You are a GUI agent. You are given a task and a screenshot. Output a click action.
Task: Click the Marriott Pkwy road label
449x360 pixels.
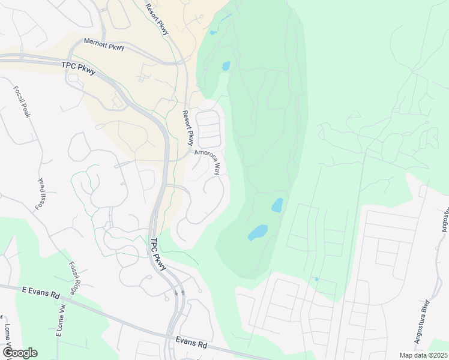tap(104, 44)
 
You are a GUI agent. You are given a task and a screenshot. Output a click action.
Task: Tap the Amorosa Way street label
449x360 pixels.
tap(211, 162)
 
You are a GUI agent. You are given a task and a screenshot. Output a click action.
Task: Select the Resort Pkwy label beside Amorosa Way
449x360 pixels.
tap(187, 128)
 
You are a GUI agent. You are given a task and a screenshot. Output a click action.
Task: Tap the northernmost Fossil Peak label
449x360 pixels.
tap(21, 101)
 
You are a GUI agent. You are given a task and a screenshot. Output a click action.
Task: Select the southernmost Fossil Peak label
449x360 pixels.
tap(41, 194)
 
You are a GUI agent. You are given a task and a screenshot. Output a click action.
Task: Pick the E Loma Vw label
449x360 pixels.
tap(60, 322)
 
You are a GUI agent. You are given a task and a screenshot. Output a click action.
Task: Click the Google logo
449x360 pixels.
tap(20, 352)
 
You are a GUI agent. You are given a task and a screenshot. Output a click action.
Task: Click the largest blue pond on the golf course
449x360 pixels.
tap(258, 232)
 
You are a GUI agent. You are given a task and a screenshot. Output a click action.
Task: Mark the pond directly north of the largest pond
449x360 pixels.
tap(277, 205)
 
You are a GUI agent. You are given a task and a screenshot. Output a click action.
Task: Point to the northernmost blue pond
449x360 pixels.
tap(212, 32)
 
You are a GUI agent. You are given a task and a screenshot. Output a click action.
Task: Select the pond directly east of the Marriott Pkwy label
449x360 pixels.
tap(226, 66)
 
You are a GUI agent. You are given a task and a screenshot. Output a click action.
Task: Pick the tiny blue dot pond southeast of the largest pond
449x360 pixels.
tap(316, 279)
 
